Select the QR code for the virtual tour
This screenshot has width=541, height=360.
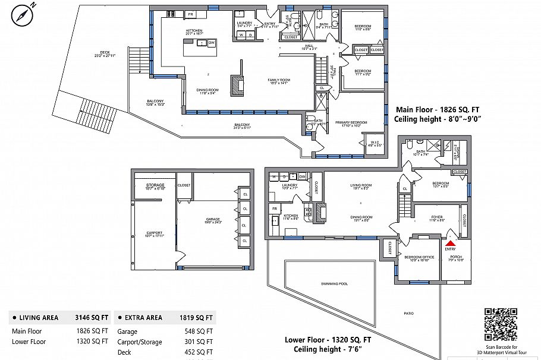point(500,324)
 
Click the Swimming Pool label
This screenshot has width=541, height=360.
point(334,283)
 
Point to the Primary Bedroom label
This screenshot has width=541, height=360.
point(351,122)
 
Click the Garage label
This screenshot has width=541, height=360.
point(213,219)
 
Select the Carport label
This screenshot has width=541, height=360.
point(154,232)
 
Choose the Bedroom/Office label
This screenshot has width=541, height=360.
point(420,256)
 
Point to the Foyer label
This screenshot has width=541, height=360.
point(436,217)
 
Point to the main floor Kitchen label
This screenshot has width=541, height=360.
point(194,30)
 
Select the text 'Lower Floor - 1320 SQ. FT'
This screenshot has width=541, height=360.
point(328,340)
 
